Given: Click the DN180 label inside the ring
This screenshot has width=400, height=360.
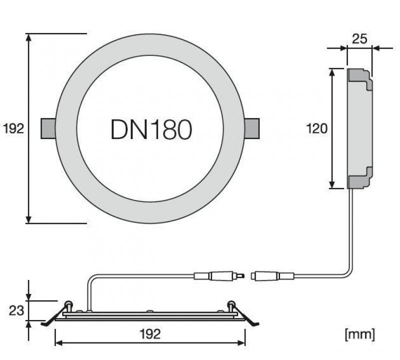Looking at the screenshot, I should coord(150,129).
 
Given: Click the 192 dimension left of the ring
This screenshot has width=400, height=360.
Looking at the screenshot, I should coord(13,129).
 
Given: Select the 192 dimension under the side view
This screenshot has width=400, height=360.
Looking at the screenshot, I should coord(150,334).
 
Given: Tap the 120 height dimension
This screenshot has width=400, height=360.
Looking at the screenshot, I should coord(316,129).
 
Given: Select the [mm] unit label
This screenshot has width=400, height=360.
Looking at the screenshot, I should coord(359,334).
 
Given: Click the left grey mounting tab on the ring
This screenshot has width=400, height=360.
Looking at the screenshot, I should coord(47,128).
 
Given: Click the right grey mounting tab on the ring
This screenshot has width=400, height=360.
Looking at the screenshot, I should coord(252,128).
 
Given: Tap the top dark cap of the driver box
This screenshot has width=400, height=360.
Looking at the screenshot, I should coord(360,79).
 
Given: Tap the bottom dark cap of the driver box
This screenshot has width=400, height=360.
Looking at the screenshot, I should coord(360,179).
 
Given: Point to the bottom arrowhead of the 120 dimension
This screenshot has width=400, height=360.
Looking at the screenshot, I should coord(333,185).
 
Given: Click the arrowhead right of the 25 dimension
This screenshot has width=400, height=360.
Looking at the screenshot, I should coord(375,48).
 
